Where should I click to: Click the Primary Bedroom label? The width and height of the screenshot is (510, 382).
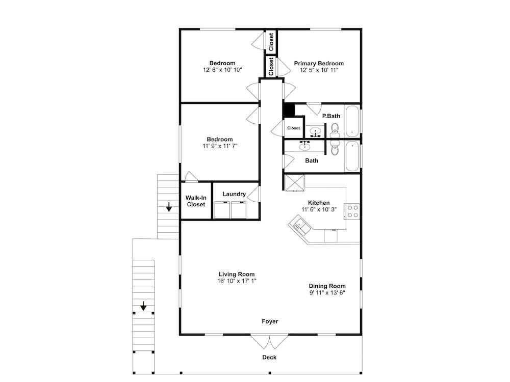point(319,63)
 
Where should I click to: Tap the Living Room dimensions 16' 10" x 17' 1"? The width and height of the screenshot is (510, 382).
point(237,281)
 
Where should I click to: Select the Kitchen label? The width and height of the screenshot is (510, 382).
point(319,203)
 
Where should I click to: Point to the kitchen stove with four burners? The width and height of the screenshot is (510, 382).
point(352,211)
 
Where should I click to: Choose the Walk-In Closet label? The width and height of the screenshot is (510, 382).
point(196,201)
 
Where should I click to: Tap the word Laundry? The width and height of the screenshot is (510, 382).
point(234,194)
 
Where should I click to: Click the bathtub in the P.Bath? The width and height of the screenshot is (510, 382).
point(352,121)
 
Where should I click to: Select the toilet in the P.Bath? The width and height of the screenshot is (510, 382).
point(335,130)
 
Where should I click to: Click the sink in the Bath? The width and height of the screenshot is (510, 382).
point(305,146)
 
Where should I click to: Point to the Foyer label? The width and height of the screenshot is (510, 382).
point(270,321)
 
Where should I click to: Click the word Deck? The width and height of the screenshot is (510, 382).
point(269,358)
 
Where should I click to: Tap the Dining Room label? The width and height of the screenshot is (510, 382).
point(327,286)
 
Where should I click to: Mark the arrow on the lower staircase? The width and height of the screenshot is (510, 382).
point(143,306)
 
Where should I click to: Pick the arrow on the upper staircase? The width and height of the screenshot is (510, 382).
point(169,207)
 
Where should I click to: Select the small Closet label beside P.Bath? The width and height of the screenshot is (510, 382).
point(293,128)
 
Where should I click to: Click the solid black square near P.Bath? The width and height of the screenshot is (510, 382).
point(289,110)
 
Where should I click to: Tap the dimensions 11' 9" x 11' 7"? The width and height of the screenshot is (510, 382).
point(220,146)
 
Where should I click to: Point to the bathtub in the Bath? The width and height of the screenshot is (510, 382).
point(352,156)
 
